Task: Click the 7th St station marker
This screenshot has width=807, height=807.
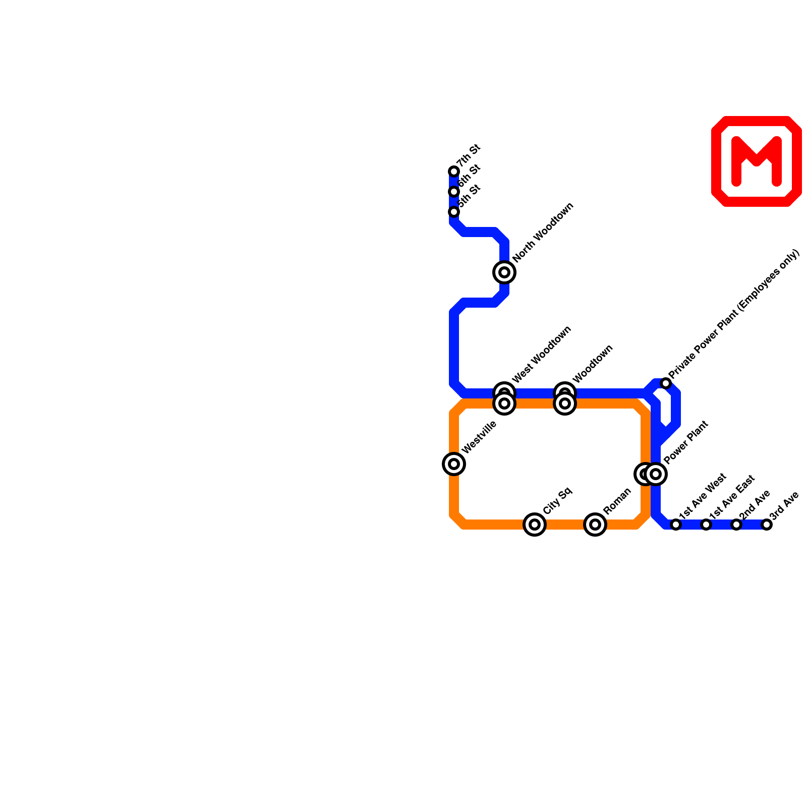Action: pos(454,171)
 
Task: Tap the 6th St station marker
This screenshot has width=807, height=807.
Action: pos(454,192)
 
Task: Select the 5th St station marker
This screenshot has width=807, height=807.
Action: pos(454,212)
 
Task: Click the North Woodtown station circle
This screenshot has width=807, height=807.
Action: pos(504,272)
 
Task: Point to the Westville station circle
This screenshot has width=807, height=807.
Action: pos(454,464)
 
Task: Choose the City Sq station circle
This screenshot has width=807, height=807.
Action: pos(535,525)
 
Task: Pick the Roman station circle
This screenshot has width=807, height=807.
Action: pos(595,525)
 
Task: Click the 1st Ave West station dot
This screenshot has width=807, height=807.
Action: pos(676,525)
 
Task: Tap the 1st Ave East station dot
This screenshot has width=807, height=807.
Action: pos(706,525)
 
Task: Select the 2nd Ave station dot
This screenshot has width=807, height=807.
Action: pos(736,525)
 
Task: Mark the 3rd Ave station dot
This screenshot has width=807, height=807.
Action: pos(767,525)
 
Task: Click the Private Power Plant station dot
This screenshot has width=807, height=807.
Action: pos(666,383)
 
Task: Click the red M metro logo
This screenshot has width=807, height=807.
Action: pos(757,161)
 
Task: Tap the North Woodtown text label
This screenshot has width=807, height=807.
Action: pos(544,233)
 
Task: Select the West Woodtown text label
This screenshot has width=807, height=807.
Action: pos(542,354)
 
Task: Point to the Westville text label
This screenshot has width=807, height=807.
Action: pos(480,437)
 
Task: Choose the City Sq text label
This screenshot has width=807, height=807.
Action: pos(558,500)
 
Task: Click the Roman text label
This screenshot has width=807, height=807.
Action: pos(617,501)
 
